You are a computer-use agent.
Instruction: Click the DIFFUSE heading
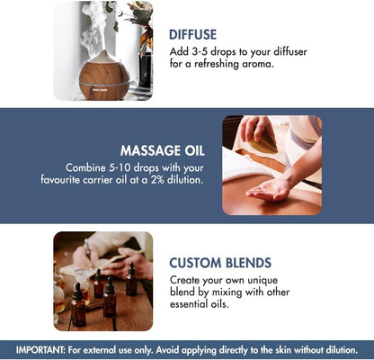pyautogui.click(x=192, y=34)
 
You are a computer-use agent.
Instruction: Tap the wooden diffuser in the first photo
pyautogui.click(x=104, y=76)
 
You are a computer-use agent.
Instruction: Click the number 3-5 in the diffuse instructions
pyautogui.click(x=198, y=51)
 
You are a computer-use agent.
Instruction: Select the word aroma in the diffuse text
pyautogui.click(x=259, y=64)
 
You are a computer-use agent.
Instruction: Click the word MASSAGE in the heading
pyautogui.click(x=150, y=150)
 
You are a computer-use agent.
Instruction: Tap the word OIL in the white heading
pyautogui.click(x=194, y=150)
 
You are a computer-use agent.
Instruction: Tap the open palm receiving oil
pyautogui.click(x=268, y=191)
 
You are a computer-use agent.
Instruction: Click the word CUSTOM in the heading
pyautogui.click(x=195, y=263)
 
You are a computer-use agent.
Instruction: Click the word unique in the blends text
pyautogui.click(x=263, y=280)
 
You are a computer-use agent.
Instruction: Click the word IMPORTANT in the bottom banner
pyautogui.click(x=40, y=350)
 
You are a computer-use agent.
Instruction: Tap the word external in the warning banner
pyautogui.click(x=100, y=350)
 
